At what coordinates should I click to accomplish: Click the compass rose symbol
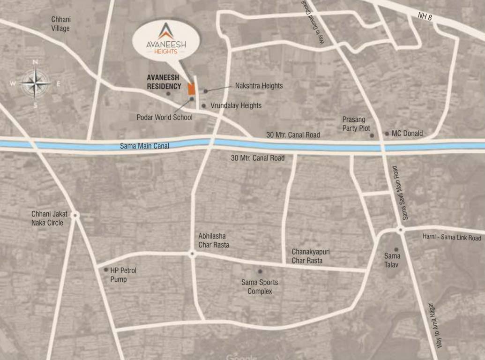(35, 83)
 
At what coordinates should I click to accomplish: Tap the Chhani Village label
(61, 24)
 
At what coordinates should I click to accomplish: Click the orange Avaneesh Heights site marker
(191, 89)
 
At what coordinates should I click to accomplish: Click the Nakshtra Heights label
(259, 86)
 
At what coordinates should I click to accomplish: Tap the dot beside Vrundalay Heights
(203, 106)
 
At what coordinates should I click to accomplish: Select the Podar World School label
(164, 117)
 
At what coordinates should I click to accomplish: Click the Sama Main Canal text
(144, 146)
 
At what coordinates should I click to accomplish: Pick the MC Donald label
(407, 134)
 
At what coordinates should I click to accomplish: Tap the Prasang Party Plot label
(356, 124)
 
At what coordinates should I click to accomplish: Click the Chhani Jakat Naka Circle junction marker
(75, 215)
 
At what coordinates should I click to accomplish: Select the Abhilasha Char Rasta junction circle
(192, 254)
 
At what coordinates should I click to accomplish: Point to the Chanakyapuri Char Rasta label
(311, 256)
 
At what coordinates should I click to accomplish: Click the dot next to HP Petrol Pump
(106, 270)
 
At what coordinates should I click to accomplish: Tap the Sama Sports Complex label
(260, 286)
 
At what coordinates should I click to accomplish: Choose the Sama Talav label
(392, 260)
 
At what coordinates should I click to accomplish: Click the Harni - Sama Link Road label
(451, 237)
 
